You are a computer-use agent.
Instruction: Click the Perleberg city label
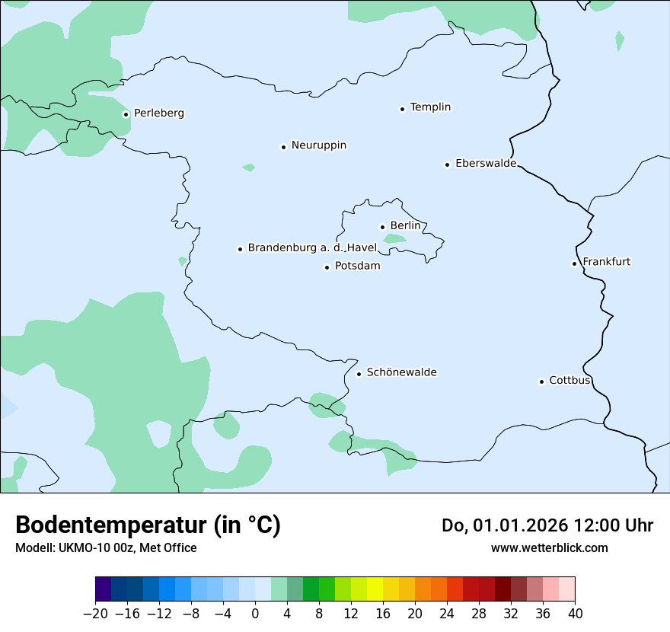[158, 113]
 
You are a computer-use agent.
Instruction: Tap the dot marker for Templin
[402, 109]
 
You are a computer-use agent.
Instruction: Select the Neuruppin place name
[318, 145]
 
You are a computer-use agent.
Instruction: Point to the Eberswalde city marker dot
[447, 164]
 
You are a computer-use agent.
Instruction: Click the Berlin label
[405, 226]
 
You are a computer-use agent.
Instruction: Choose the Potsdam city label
[357, 267]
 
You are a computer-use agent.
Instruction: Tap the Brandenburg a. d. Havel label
[312, 248]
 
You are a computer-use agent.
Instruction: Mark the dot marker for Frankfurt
[574, 263]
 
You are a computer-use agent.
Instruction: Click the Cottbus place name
[569, 381]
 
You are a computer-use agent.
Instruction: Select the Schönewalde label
[401, 372]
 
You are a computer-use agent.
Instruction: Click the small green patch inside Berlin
[394, 238]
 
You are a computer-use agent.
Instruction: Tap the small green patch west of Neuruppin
[248, 167]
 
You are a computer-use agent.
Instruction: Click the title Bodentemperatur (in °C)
[148, 525]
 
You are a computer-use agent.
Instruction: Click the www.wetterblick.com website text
[549, 547]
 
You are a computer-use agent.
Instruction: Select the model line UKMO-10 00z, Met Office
[106, 547]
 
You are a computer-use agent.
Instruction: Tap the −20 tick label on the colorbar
[95, 613]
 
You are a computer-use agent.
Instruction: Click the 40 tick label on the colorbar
[575, 613]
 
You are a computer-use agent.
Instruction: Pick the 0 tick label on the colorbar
[255, 613]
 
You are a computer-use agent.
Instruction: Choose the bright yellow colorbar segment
[375, 589]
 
